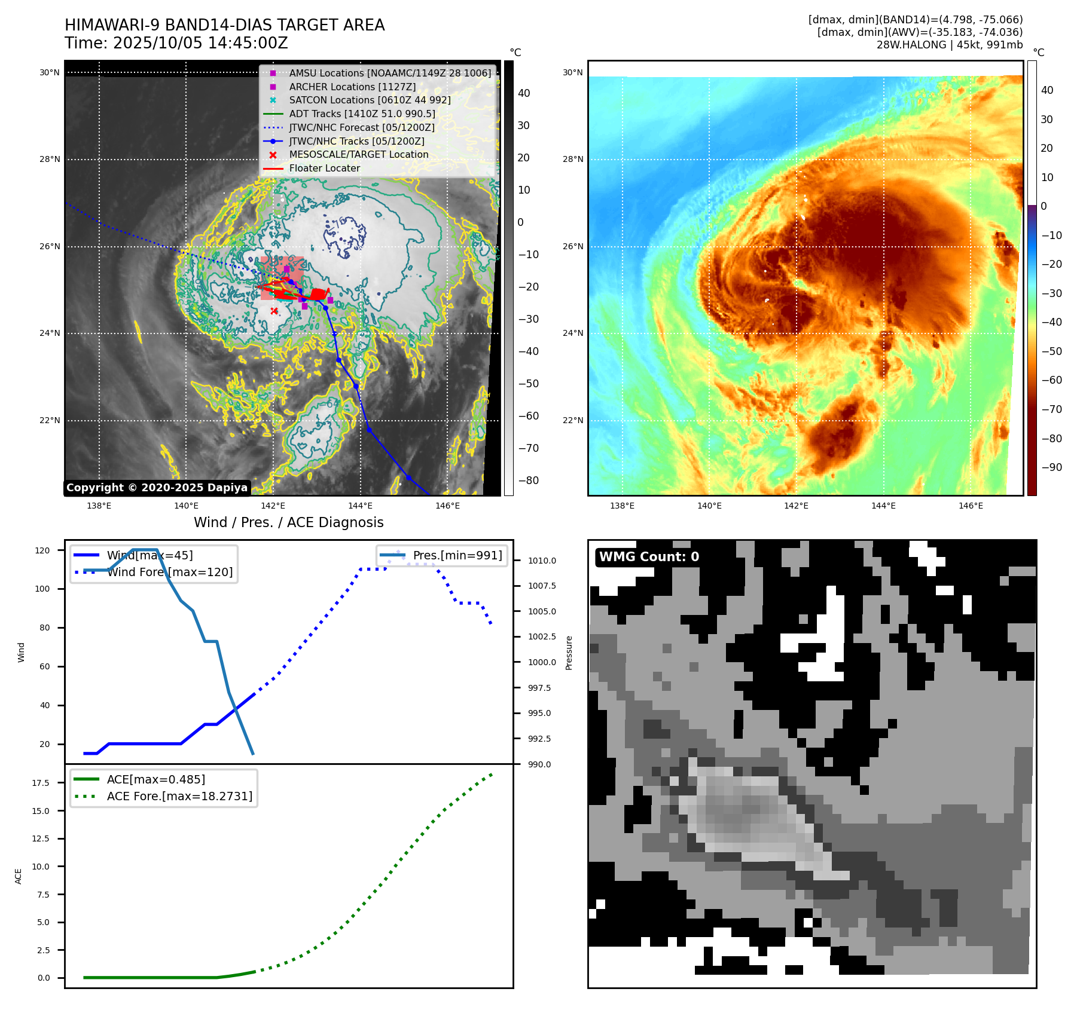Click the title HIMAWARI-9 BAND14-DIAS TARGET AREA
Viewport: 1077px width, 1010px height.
click(225, 25)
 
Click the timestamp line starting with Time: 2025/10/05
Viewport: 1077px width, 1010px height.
click(176, 43)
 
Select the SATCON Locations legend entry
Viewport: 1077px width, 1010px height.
click(357, 100)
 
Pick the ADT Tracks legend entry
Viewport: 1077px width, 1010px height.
click(349, 114)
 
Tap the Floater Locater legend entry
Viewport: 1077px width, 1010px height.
click(312, 168)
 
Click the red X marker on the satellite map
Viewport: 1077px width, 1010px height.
click(274, 311)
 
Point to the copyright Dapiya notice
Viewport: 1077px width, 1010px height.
click(157, 488)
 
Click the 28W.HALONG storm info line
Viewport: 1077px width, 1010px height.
click(950, 45)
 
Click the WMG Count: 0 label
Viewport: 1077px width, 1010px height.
click(649, 557)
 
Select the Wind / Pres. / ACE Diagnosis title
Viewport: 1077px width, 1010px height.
click(289, 522)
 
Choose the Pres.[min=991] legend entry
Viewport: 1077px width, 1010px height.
click(442, 555)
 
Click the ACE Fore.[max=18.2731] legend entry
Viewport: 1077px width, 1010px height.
click(163, 796)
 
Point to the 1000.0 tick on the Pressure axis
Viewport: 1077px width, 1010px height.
click(542, 662)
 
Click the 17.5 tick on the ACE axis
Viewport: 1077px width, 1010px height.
click(41, 783)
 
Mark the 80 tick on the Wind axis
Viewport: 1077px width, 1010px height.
click(45, 628)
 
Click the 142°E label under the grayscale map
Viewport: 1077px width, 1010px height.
click(273, 506)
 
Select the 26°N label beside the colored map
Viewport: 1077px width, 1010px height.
click(573, 246)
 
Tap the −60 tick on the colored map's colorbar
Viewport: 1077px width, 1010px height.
click(1052, 380)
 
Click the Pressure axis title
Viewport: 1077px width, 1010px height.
click(569, 653)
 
